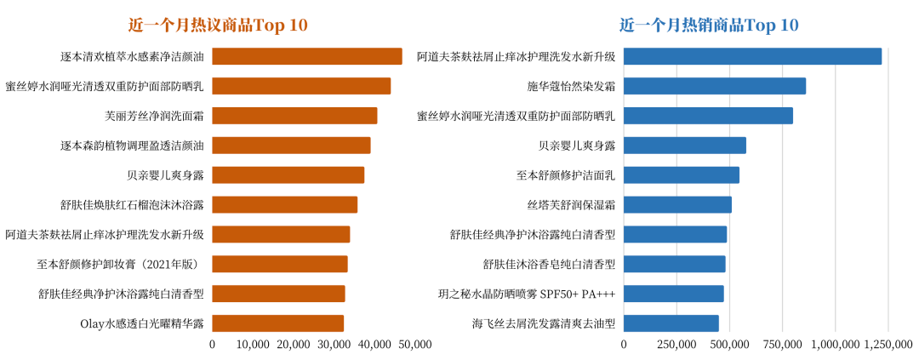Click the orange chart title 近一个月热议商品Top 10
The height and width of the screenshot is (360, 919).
point(218,25)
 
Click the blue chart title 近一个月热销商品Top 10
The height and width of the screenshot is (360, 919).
point(709,25)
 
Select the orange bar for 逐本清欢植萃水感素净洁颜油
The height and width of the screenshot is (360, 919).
point(306,56)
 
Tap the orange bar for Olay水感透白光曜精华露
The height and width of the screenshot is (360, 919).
point(277,323)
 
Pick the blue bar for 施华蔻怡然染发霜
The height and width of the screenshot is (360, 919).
point(714,86)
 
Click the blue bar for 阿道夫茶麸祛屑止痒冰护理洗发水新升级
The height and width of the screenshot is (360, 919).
point(752,56)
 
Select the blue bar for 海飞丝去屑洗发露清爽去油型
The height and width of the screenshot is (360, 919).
point(671,323)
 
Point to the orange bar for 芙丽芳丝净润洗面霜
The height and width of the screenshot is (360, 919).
point(294,116)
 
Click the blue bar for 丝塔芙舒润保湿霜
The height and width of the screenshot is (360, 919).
point(677,204)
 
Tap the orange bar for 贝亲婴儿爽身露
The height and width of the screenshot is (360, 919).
point(288,174)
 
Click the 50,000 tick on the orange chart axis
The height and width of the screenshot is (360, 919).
point(415,345)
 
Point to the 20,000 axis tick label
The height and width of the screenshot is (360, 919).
point(294,345)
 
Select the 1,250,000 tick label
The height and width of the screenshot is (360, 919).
point(888,345)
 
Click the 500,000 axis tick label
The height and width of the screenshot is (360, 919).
point(729,345)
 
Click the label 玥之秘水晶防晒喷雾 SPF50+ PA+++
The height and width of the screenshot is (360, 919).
point(526,294)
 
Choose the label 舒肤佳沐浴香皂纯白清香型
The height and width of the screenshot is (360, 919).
point(549,264)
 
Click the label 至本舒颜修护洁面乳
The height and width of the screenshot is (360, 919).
point(565,174)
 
